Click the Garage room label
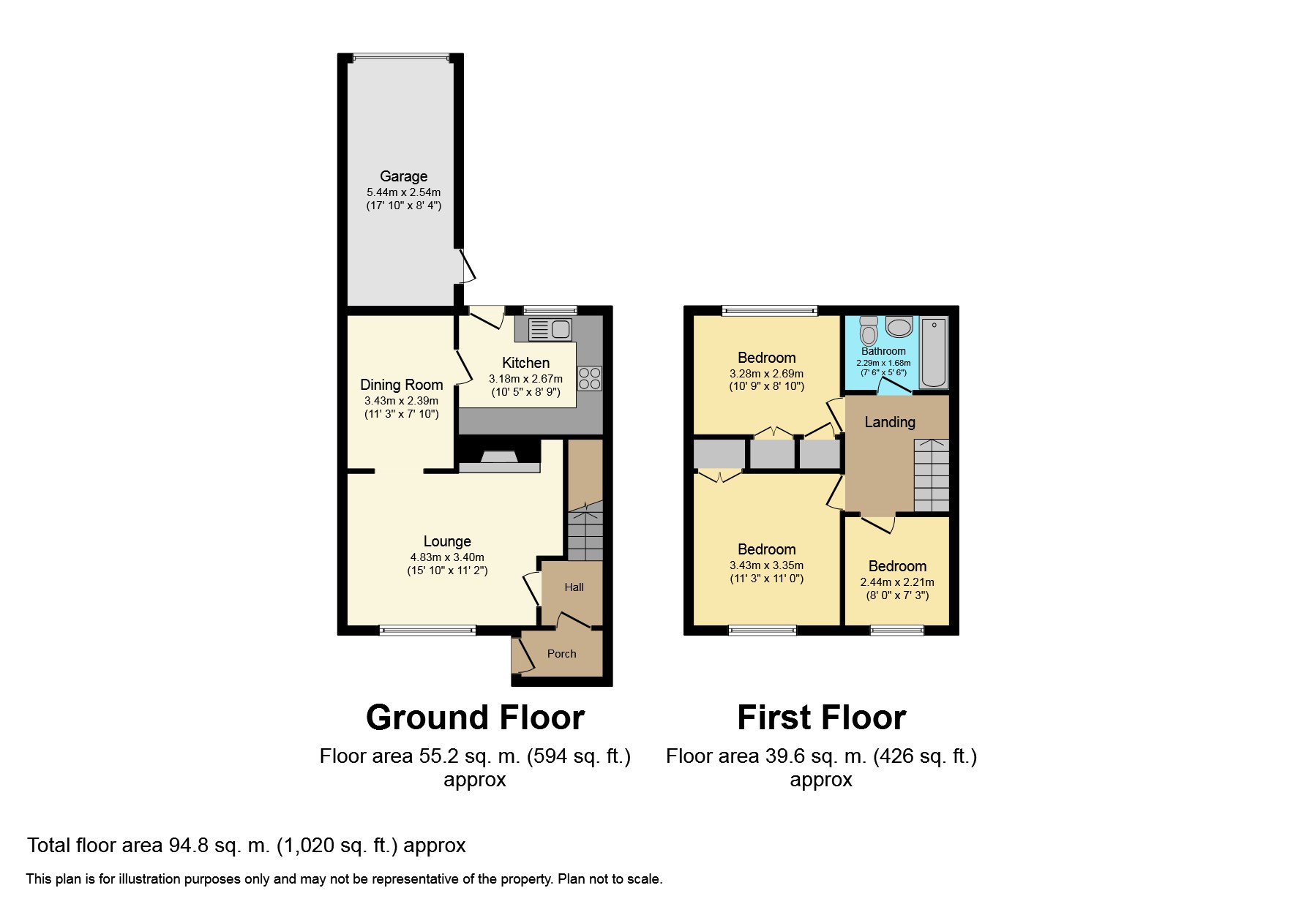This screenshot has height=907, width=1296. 403,176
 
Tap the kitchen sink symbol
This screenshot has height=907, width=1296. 550,329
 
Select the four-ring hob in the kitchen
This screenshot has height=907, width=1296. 590,377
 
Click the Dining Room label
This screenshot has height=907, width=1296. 401,385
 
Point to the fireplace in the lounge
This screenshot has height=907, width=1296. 499,460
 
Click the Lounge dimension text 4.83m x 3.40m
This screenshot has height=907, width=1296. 446,557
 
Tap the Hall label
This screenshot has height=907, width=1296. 574,587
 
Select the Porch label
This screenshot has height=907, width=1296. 561,654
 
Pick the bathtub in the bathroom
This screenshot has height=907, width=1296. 933,353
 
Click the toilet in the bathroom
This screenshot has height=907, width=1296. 869,331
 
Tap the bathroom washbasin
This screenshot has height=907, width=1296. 899,327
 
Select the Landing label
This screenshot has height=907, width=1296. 889,422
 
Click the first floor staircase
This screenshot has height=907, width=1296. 932,475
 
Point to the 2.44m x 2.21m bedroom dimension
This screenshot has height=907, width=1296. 896,582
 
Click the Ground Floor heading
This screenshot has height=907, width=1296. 475,718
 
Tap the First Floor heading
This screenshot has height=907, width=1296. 821,718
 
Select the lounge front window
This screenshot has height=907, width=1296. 427,630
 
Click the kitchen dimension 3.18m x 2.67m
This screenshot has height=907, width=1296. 525,379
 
